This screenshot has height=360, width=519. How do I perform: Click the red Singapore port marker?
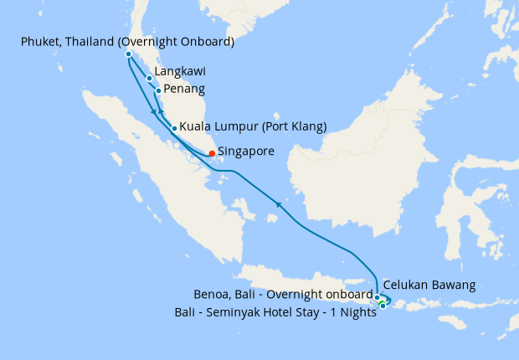point(212,153)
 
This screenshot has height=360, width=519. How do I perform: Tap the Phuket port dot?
point(128,54)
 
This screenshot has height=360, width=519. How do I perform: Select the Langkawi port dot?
point(149,79)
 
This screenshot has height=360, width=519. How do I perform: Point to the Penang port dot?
point(158,90)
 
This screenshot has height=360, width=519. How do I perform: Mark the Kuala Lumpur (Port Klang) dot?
point(173,129)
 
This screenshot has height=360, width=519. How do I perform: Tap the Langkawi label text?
point(181,72)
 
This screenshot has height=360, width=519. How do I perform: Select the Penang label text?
point(184,89)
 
